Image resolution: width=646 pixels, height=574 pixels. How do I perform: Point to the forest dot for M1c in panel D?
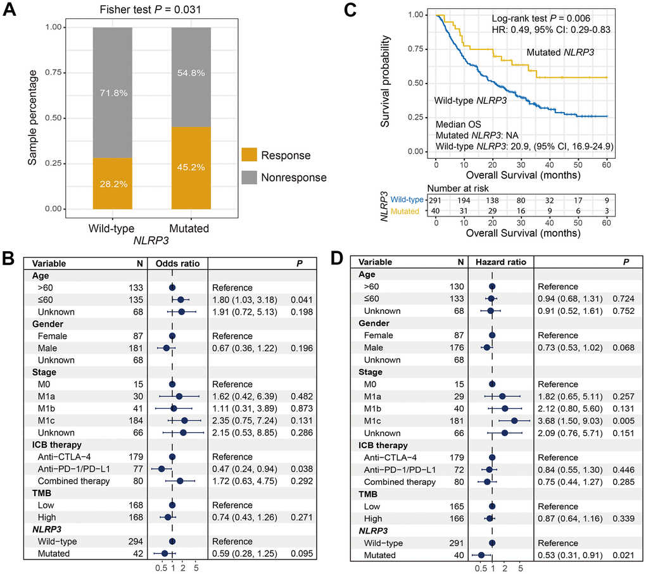[514, 421]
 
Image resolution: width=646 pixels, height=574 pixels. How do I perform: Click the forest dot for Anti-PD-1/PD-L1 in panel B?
[161, 469]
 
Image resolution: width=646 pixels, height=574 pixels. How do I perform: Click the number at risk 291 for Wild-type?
[436, 201]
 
